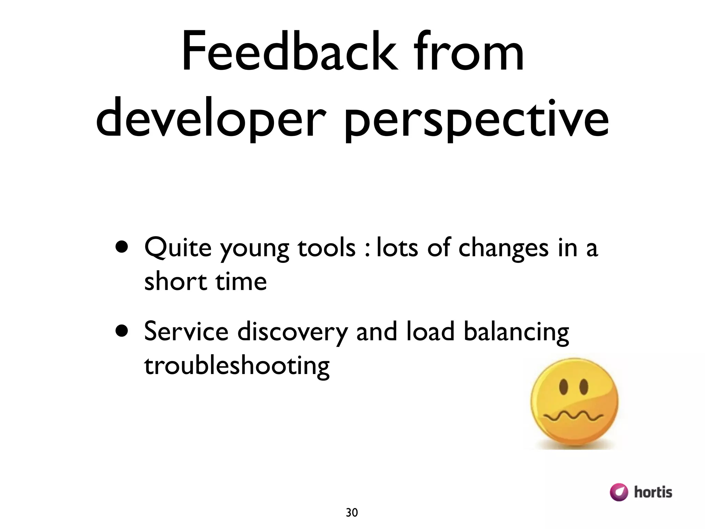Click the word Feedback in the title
tap(290, 52)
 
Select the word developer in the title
tap(210, 119)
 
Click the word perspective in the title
tap(476, 119)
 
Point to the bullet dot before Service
tap(122, 331)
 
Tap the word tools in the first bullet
tap(326, 247)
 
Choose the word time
tap(241, 281)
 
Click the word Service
tap(186, 331)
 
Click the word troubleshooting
tap(237, 366)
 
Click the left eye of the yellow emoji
tap(563, 386)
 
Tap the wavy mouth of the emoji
tap(573, 417)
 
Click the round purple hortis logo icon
tap(619, 492)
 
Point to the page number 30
tap(352, 512)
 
